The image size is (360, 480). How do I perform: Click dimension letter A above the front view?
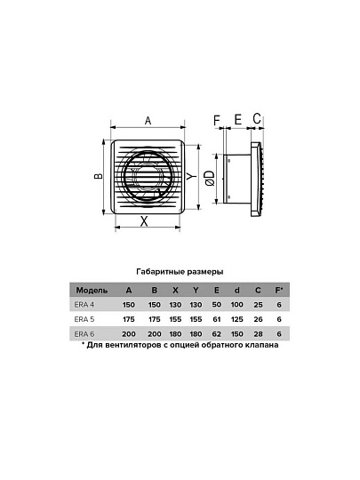tap(148, 121)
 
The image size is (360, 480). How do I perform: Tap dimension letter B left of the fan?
tap(99, 176)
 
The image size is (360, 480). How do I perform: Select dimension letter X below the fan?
tap(144, 221)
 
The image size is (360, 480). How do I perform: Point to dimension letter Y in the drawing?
tap(191, 176)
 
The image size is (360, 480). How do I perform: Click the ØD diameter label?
tap(210, 178)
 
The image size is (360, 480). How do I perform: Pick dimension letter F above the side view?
tap(217, 120)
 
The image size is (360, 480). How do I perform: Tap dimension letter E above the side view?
tap(238, 119)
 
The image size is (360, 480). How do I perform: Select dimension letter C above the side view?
tap(257, 118)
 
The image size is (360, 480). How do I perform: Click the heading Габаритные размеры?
tap(180, 272)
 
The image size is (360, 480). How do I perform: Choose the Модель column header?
tap(92, 290)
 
